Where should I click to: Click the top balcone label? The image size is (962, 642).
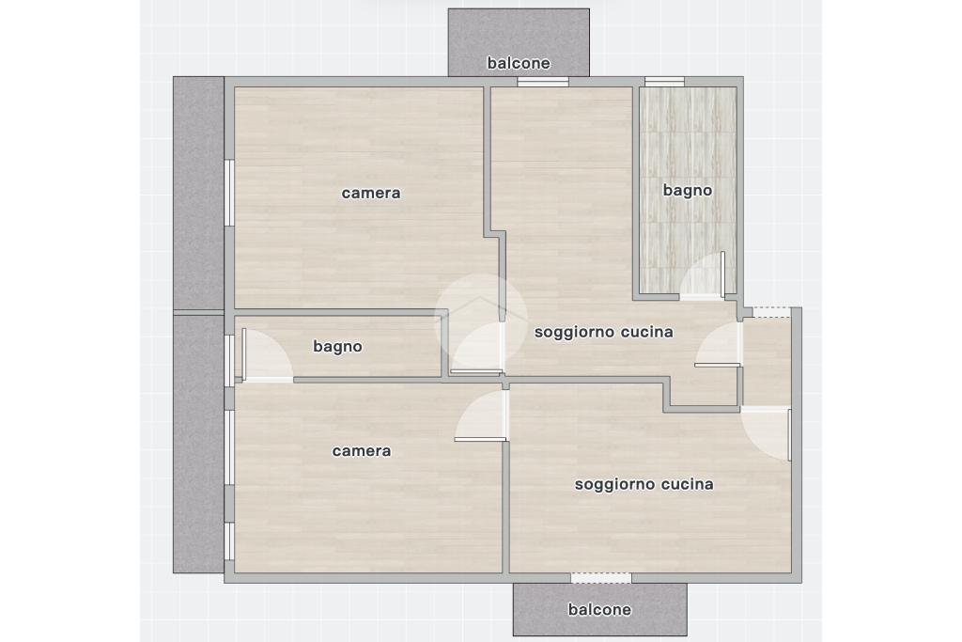[x=519, y=63]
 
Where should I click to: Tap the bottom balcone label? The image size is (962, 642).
[x=599, y=609]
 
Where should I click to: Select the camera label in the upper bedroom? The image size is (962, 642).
[x=371, y=193]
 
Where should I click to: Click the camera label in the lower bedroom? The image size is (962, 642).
[x=362, y=450]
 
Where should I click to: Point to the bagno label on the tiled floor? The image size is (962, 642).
[x=688, y=190]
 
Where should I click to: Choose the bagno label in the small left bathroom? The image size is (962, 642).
[x=337, y=347]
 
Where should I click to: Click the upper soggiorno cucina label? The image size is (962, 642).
[x=604, y=332]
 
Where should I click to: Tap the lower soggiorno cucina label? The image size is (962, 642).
[x=644, y=484]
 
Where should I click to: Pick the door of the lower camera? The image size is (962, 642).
[x=482, y=415]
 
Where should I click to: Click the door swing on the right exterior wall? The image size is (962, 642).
[x=766, y=433]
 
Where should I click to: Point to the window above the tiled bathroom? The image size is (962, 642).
[x=664, y=81]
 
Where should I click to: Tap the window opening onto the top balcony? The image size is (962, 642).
[x=543, y=81]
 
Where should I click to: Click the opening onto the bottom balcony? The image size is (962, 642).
[x=601, y=577]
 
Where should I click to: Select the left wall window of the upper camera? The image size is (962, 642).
[x=229, y=193]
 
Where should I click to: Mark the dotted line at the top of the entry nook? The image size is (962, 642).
[x=772, y=317]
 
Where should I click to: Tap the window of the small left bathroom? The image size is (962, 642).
[x=229, y=360]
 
